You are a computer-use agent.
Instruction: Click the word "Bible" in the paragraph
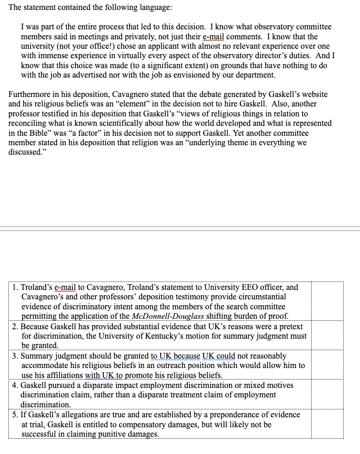pos(44,133)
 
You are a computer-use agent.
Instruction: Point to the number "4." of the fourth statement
pos(15,385)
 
